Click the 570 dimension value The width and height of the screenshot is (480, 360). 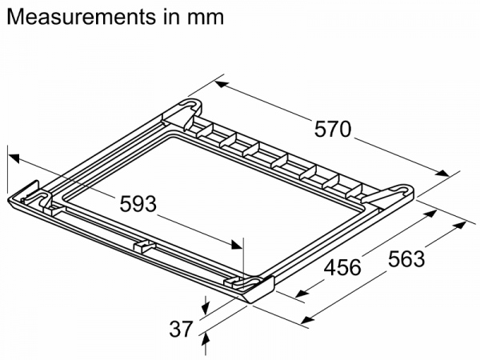coord(333,129)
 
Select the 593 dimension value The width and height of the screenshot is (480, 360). coord(138,204)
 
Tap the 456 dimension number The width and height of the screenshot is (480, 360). coord(342,267)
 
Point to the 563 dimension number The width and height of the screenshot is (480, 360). coord(406,258)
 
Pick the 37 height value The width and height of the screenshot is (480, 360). coord(182,329)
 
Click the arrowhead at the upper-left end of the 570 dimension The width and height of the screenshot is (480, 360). coord(222,84)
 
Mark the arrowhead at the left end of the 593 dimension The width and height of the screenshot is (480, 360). coord(14,158)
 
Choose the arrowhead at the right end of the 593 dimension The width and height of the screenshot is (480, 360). coord(237,245)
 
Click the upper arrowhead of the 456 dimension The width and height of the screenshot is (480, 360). coord(430,213)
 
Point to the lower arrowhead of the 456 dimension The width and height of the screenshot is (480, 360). coord(302,294)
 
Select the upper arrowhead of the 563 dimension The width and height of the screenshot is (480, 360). coord(459,226)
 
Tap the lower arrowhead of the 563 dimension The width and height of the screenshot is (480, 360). coord(308,319)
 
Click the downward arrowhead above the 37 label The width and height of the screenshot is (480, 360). coord(206,308)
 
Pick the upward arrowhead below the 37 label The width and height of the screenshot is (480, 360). coord(206,341)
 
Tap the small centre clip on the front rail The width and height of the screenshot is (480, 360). coord(145,246)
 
